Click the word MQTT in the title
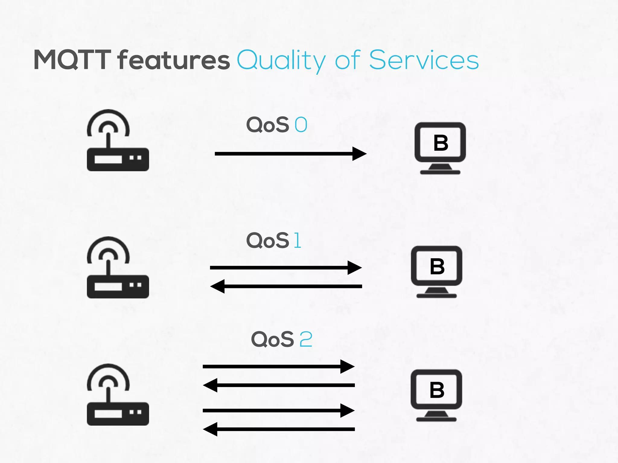72,60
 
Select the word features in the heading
174,60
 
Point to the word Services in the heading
424,60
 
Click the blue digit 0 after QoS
301,125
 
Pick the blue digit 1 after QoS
297,241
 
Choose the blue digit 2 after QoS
306,339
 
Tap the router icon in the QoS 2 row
118,395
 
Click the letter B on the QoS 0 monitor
441,143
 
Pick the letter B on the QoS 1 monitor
437,266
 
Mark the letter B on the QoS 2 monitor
437,390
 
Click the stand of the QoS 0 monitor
440,169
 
